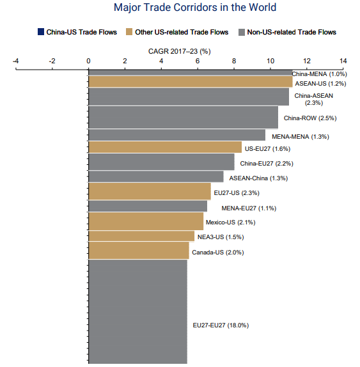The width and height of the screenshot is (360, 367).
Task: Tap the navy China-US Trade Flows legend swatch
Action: coord(41,32)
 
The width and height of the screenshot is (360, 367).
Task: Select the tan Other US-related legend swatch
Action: coord(129,32)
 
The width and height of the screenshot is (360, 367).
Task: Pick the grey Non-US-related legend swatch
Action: coord(242,32)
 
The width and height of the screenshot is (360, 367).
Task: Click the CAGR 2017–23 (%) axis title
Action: coord(180,51)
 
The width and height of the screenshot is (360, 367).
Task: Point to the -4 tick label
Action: coord(16,61)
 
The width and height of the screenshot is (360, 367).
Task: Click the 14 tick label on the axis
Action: coord(343,61)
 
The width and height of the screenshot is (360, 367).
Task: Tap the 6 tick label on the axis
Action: coord(198,61)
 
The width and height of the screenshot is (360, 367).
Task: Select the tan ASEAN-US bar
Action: coord(191,82)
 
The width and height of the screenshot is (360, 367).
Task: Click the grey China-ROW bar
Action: coord(184,118)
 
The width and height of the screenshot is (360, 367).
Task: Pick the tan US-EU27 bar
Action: coord(165,147)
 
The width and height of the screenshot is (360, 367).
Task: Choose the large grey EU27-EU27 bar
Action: coord(138,311)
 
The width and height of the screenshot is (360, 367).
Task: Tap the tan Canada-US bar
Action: coord(139,251)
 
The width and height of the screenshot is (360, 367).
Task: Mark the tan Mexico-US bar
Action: coord(146,221)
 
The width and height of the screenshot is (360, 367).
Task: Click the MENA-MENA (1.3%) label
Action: coord(301,137)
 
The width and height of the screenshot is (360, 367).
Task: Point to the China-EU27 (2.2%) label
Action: coord(267,164)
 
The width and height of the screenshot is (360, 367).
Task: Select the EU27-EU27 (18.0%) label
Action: coord(221,325)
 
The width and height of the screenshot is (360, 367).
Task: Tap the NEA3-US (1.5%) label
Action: coord(221,237)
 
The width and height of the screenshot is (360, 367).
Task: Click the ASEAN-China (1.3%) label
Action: coord(258,178)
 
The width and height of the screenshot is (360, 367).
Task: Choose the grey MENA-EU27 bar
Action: coord(148,207)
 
